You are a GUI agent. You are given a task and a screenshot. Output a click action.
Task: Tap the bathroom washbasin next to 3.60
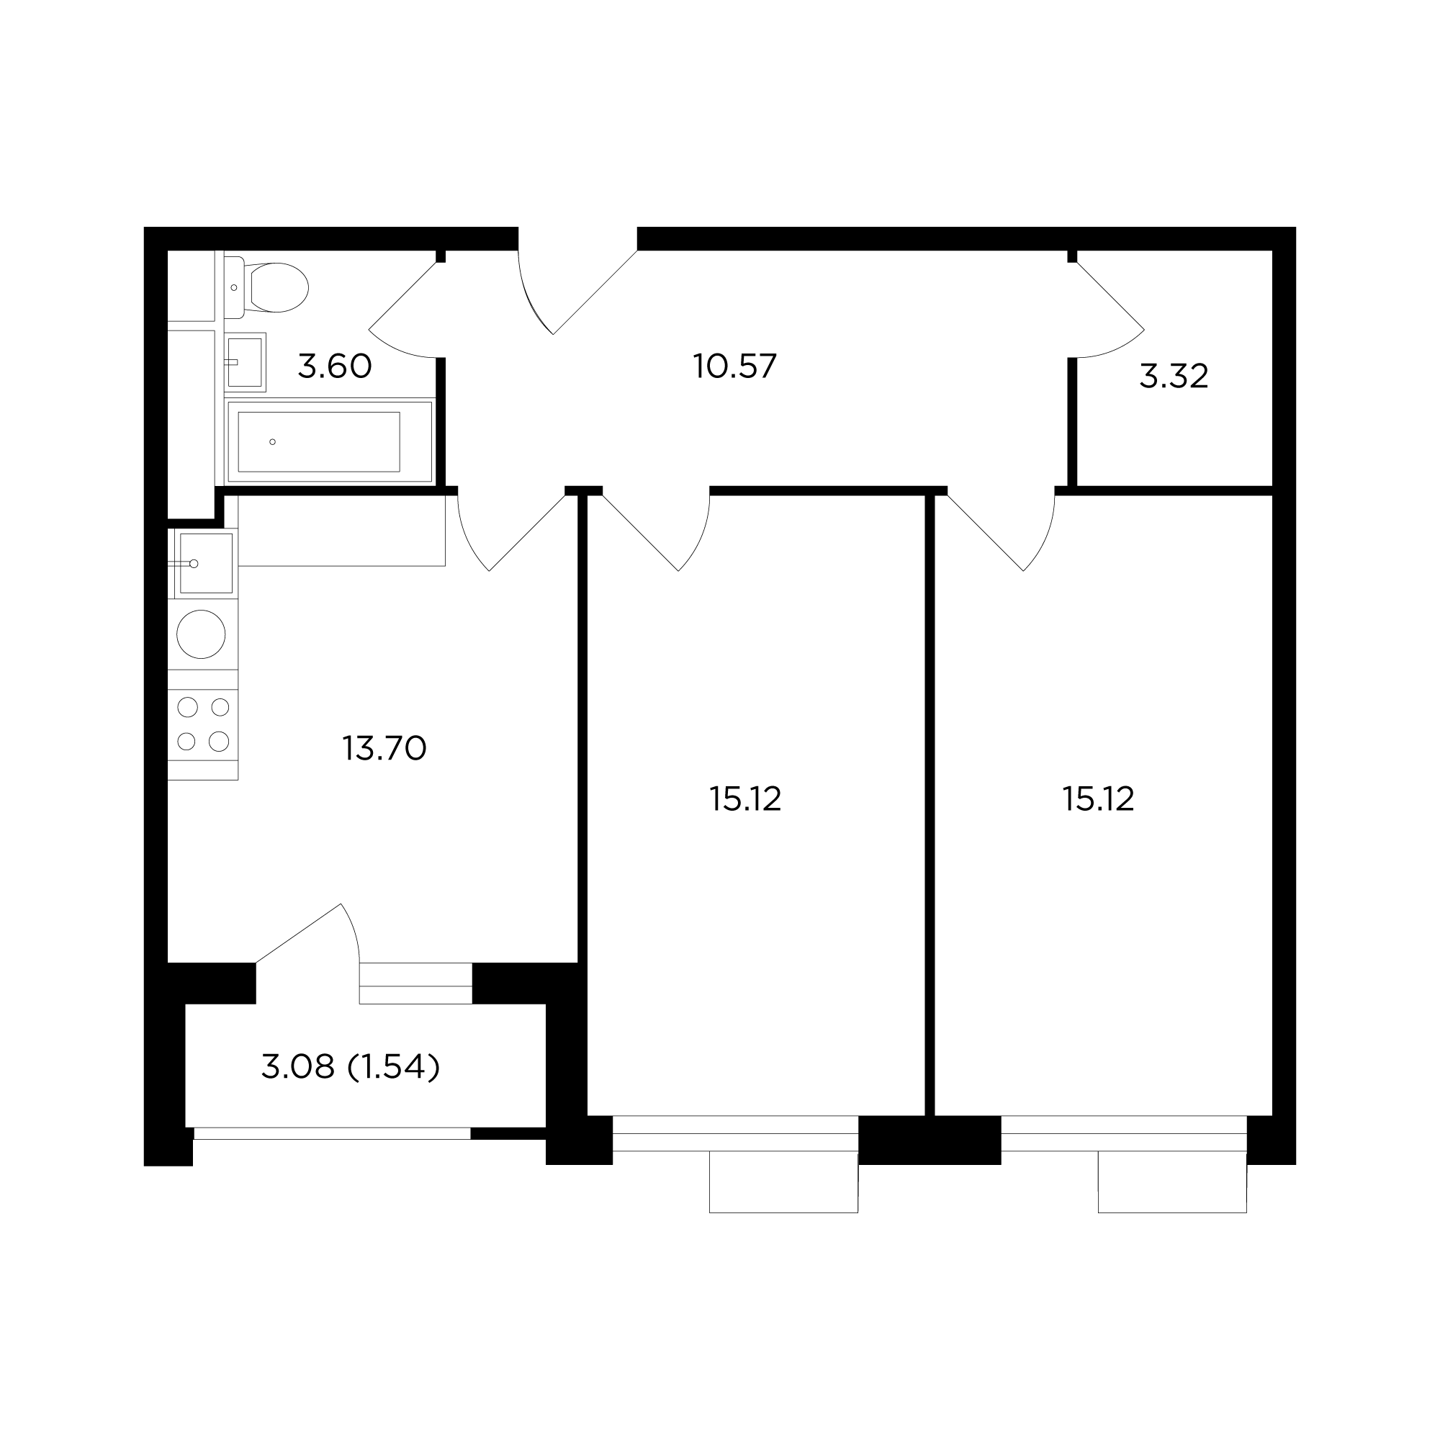pyautogui.click(x=245, y=362)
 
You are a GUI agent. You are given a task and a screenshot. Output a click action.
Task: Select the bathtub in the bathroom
pyautogui.click(x=330, y=442)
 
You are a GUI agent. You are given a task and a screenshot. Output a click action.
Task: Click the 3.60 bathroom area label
pyautogui.click(x=335, y=366)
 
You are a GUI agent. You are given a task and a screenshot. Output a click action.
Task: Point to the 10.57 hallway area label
pyautogui.click(x=735, y=366)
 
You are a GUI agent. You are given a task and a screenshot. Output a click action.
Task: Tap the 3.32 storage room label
pyautogui.click(x=1174, y=377)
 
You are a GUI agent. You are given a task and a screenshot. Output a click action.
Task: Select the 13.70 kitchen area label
pyautogui.click(x=384, y=748)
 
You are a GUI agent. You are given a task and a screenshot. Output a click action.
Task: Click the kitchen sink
pyautogui.click(x=202, y=564)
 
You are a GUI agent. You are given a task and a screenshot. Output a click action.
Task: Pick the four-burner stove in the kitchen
pyautogui.click(x=203, y=724)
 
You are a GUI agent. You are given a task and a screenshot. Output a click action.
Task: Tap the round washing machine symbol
pyautogui.click(x=202, y=634)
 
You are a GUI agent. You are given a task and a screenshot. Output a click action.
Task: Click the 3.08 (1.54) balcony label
pyautogui.click(x=351, y=1067)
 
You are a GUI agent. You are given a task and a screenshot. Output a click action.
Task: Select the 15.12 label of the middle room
pyautogui.click(x=745, y=799)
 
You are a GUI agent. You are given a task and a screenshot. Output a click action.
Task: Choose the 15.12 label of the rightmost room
pyautogui.click(x=1099, y=799)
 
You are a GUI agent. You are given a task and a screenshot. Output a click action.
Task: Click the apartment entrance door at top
pyautogui.click(x=577, y=287)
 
